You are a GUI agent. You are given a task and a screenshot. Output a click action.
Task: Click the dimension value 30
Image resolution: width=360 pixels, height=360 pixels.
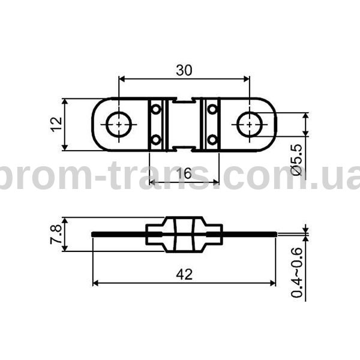[184, 70]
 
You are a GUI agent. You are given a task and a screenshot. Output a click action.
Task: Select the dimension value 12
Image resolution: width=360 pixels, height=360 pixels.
[56, 124]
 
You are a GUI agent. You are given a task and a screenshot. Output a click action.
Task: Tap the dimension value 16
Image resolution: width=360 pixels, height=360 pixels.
[184, 173]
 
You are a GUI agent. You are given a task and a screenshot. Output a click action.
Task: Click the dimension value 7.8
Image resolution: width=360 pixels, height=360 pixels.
[56, 234]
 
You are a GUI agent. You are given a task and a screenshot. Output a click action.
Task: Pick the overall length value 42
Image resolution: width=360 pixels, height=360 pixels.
[184, 274]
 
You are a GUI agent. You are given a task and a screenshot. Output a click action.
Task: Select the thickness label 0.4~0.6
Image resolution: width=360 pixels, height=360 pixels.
[297, 272]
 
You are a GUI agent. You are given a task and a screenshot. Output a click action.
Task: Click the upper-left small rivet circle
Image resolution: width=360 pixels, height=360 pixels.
[156, 109]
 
